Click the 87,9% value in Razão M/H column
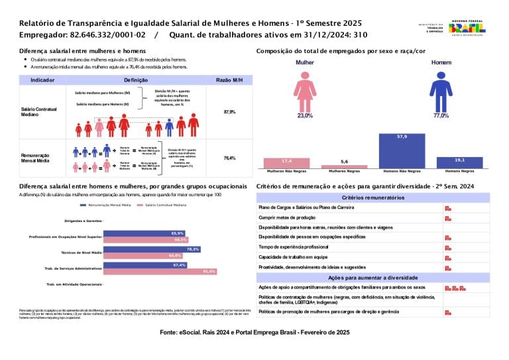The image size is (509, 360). point(229,112)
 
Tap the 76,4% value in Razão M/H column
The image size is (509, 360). point(229,158)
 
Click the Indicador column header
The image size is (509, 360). point(42,80)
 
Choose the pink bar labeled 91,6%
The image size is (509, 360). point(160,271)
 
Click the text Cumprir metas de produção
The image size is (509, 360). point(286,217)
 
